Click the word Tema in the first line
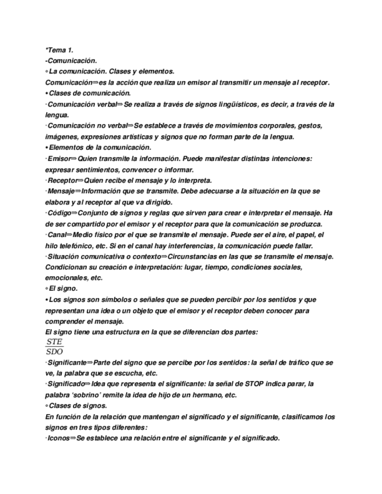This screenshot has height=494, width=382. tap(57, 51)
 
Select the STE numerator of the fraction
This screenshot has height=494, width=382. tap(54, 342)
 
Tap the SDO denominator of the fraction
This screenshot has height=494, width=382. tap(54, 351)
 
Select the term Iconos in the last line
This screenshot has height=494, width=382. tap(59, 439)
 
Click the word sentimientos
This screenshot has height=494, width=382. tap(95, 170)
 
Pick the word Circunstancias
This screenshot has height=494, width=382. tap(198, 257)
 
